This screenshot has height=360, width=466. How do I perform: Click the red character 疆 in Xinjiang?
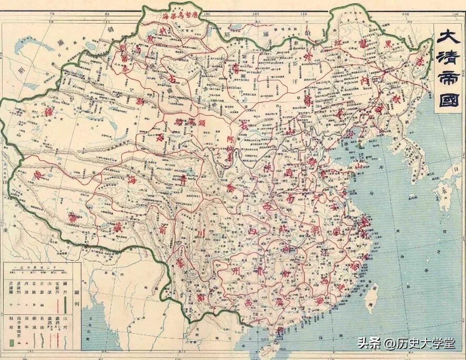click(39, 112)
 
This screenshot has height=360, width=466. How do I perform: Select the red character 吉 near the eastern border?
click(420, 61)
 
